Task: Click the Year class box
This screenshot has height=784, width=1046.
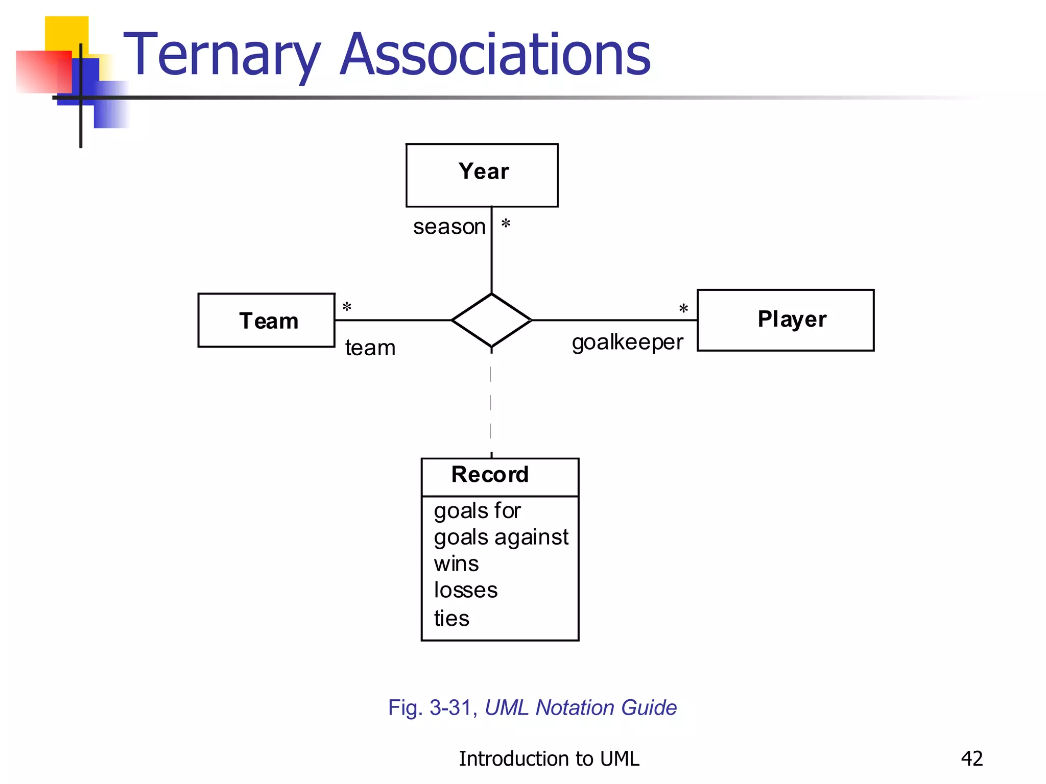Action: point(482,175)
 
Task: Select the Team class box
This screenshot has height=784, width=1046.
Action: point(267,321)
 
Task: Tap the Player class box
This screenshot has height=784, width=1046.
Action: point(786,320)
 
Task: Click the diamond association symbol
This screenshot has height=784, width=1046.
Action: point(491,321)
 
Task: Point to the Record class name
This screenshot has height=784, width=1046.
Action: point(490,475)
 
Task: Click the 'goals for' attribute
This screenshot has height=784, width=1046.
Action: point(477,511)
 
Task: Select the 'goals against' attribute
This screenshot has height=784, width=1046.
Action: point(501,537)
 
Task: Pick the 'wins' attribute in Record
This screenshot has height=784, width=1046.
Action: point(456,564)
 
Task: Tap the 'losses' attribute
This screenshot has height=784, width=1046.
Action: point(465,591)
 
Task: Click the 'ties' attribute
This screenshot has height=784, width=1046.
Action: point(451,619)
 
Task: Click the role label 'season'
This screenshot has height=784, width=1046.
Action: point(449,227)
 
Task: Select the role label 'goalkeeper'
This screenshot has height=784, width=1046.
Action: point(627,342)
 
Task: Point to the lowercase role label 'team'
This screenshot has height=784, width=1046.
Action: point(370,348)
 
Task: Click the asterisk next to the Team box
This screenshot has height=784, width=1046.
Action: point(347,307)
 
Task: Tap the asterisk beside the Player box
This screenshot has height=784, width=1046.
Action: point(683,309)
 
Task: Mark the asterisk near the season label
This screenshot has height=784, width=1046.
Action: point(506,224)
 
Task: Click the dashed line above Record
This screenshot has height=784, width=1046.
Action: point(491,403)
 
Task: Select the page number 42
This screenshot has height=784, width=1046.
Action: point(971,758)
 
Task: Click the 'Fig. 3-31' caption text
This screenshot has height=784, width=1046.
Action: point(432,708)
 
